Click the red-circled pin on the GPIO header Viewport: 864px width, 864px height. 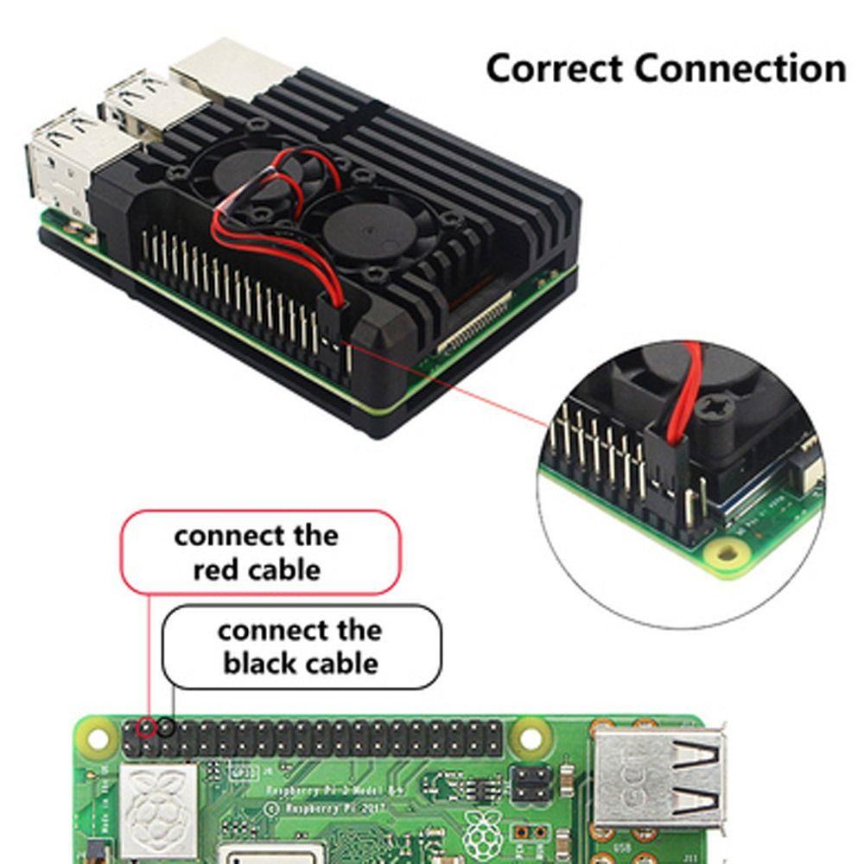pyautogui.click(x=148, y=727)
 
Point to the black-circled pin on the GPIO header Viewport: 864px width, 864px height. pyautogui.click(x=166, y=727)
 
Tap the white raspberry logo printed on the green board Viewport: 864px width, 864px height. pyautogui.click(x=480, y=830)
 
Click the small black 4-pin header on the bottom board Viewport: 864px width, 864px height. pyautogui.click(x=530, y=783)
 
